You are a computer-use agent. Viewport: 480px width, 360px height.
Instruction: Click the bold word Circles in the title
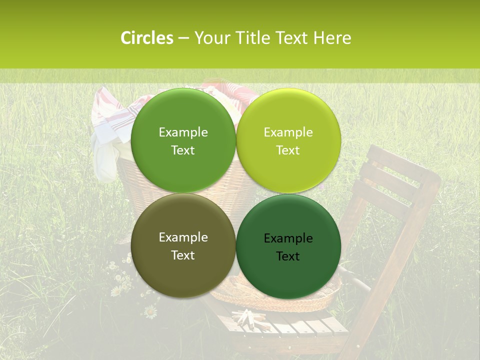[x=147, y=38]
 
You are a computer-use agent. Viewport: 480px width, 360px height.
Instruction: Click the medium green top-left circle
[x=183, y=140]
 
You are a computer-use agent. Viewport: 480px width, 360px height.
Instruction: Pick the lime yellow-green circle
[x=288, y=140]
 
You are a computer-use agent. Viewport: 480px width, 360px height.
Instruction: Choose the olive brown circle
[x=183, y=245]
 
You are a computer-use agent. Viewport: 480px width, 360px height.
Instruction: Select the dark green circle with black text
[x=288, y=246]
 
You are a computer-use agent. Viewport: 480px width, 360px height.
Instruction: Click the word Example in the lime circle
[x=288, y=132]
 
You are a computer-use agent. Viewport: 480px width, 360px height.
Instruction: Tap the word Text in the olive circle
[x=183, y=255]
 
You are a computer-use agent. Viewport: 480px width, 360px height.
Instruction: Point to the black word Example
[x=288, y=238]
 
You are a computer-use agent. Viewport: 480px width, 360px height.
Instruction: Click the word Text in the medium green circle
[x=183, y=150]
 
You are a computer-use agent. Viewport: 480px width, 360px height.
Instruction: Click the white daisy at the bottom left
[x=150, y=312]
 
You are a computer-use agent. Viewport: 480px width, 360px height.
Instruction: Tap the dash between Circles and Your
[x=183, y=38]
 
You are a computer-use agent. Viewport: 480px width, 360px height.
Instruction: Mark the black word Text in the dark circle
[x=288, y=256]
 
